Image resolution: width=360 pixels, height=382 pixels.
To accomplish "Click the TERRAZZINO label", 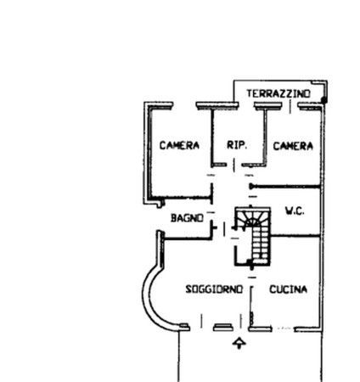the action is pos(278,93).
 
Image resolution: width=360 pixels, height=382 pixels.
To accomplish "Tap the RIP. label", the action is pos(237,145).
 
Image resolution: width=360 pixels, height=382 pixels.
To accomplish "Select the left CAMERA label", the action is pos(179,145).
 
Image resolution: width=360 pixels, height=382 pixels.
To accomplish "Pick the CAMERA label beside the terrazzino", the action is pos(293,146).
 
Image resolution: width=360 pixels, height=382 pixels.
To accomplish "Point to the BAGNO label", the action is pos(187,218).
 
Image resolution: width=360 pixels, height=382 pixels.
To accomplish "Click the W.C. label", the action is pos(295,211).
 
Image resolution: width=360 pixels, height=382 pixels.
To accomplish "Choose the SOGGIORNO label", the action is pos(214,289).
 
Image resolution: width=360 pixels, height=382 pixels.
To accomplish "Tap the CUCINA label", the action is pos(289,289).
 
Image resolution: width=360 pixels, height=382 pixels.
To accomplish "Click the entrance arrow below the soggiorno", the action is pos(239,343).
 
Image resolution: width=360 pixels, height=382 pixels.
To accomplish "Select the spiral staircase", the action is pos(253,237).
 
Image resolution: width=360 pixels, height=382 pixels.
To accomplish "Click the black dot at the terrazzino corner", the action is pos(324,100).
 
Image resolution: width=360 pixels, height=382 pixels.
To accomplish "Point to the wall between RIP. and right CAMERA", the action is pos(265,137).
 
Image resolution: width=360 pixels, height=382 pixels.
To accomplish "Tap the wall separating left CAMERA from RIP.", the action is pos(212,138).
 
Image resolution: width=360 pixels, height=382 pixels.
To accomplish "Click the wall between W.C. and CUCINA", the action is pos(295,235).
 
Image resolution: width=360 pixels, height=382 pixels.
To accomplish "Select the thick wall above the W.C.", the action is pos(285,187).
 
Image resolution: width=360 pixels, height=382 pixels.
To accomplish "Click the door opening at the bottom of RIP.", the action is pos(234,165).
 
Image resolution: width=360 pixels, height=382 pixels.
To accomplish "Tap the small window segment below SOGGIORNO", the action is pos(223,328).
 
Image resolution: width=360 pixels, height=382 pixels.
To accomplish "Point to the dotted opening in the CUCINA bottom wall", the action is pos(283,329).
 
